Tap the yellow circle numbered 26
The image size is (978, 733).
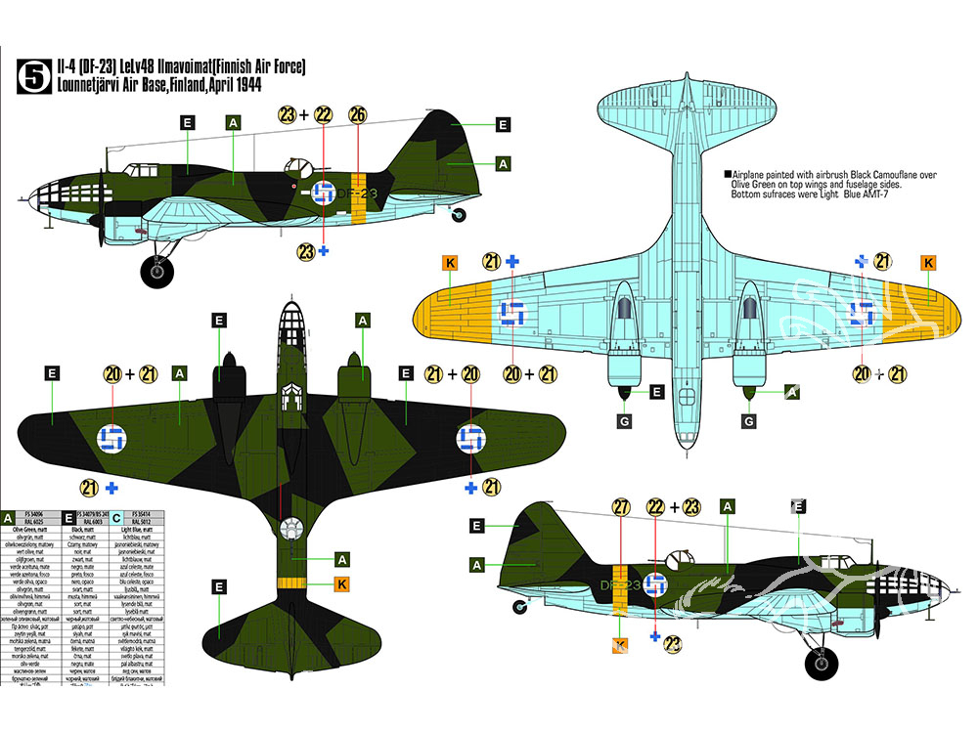[x=357, y=115]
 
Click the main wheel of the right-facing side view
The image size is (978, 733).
[x=821, y=664]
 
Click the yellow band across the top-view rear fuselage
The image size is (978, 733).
[x=289, y=583]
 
